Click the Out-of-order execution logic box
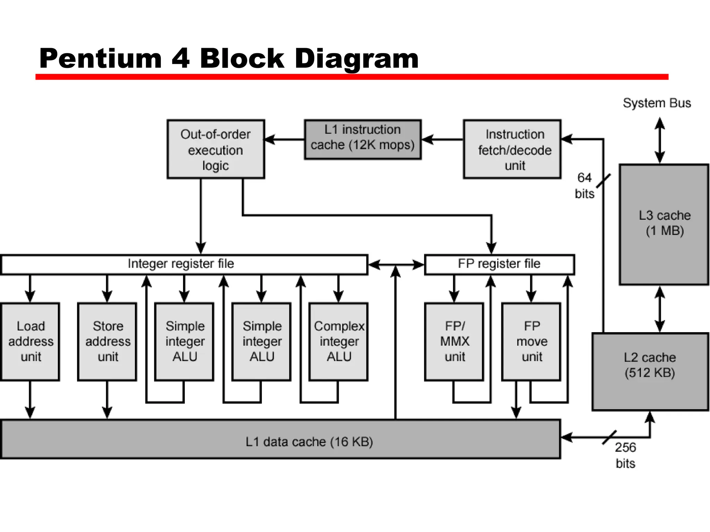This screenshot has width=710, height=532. pyautogui.click(x=216, y=149)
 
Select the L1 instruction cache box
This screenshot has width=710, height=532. pyautogui.click(x=363, y=139)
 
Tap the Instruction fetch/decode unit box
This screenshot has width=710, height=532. pyautogui.click(x=512, y=149)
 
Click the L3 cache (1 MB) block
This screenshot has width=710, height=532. pyautogui.click(x=664, y=224)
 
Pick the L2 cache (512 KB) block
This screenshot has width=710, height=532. pyautogui.click(x=650, y=371)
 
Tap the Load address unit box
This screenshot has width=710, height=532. pyautogui.click(x=31, y=342)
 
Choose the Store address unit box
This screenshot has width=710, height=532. pyautogui.click(x=107, y=342)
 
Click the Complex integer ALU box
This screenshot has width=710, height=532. pyautogui.click(x=338, y=342)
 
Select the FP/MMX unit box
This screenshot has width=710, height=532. pyautogui.click(x=454, y=342)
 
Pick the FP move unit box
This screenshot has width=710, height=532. pyautogui.click(x=531, y=342)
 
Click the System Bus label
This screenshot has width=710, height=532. pyautogui.click(x=657, y=103)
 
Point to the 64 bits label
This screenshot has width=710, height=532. pyautogui.click(x=585, y=186)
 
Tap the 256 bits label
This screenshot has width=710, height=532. pyautogui.click(x=625, y=455)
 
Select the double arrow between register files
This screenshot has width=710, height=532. pyautogui.click(x=396, y=265)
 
